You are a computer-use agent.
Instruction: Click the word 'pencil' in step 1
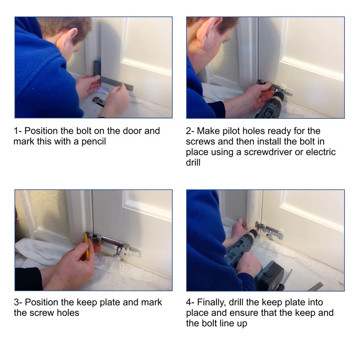tap(94, 142)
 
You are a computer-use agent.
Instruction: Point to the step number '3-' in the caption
tap(18, 302)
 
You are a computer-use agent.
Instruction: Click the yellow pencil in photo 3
tap(86, 246)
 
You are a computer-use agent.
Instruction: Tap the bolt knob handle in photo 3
tap(117, 253)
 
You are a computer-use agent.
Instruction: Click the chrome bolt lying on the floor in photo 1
tap(98, 102)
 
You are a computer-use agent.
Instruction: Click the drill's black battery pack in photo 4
tap(269, 275)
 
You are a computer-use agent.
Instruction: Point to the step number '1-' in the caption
tap(18, 131)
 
